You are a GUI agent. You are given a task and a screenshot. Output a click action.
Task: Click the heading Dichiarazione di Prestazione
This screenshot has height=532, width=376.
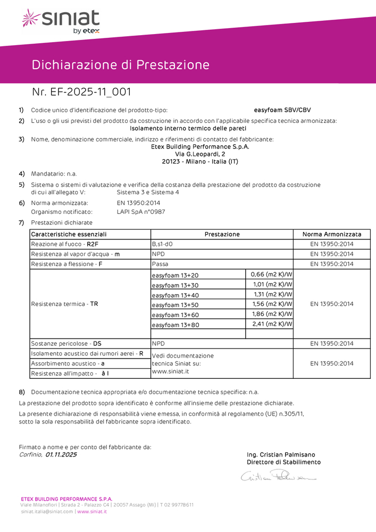(x=120, y=65)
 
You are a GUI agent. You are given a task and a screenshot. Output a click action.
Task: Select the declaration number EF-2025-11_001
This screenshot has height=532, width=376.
(x=82, y=93)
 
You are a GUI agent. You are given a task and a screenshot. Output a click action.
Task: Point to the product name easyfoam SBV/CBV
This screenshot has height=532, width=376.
(x=282, y=110)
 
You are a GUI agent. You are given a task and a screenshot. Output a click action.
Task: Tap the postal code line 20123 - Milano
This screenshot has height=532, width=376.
(x=200, y=161)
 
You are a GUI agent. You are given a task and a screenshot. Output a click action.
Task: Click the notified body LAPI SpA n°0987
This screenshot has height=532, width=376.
(x=141, y=211)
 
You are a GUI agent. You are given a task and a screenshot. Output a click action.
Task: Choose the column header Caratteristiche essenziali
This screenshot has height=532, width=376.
(x=69, y=234)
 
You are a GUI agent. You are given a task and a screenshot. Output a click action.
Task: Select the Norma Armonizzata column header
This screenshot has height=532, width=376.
(x=331, y=234)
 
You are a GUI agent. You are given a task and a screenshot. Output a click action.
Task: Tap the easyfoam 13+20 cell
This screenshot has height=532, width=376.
(x=175, y=276)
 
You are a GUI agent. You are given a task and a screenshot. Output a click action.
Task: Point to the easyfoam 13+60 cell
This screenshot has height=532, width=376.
(x=175, y=314)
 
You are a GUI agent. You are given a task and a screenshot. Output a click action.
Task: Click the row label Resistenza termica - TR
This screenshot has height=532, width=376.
(x=64, y=304)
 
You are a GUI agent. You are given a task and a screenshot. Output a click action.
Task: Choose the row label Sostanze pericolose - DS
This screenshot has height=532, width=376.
(x=66, y=344)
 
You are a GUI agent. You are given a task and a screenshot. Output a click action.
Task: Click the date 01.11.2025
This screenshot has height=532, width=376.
(x=61, y=454)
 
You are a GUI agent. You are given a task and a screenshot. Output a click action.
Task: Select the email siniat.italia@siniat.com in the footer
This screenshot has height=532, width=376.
(x=47, y=512)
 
